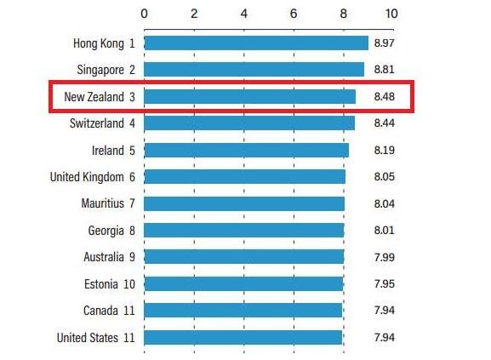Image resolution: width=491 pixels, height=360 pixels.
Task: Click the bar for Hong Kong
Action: tap(255, 43)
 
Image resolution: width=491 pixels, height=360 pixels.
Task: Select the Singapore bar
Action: tap(254, 69)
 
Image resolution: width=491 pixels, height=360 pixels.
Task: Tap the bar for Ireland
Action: tap(246, 150)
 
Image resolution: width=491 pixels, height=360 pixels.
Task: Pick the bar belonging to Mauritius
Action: tap(244, 203)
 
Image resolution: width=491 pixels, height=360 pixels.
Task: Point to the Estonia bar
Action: tap(243, 283)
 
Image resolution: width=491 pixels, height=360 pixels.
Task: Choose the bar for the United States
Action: tap(243, 337)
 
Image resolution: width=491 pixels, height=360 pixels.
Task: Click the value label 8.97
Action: tap(385, 43)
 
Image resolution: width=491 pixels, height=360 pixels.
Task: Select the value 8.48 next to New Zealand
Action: tap(385, 96)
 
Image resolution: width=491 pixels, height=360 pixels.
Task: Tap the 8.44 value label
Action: tap(385, 123)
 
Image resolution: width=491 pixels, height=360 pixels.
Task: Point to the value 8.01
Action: tap(385, 230)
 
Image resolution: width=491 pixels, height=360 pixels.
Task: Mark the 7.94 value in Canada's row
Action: tap(385, 311)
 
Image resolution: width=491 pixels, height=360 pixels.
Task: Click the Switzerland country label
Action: tap(97, 123)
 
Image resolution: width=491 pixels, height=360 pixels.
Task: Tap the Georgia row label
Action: tap(106, 230)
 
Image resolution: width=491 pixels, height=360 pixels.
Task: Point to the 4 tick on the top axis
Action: tap(244, 14)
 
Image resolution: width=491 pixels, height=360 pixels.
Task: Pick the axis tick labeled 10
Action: tap(391, 14)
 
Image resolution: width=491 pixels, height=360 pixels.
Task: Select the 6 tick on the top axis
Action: tap(294, 14)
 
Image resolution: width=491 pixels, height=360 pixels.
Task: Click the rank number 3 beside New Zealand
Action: tap(133, 96)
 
